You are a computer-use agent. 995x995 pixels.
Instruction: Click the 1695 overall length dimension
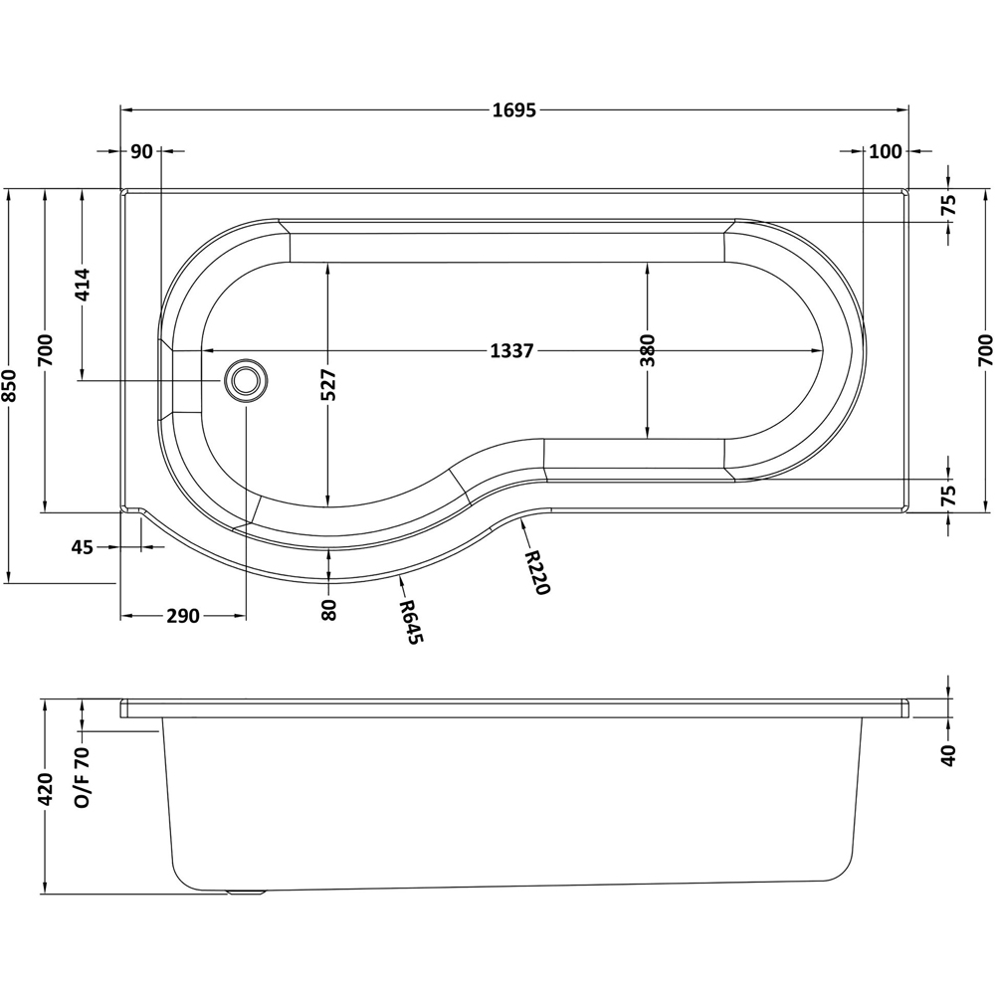coord(513,110)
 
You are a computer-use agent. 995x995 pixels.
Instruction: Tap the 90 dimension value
coord(141,151)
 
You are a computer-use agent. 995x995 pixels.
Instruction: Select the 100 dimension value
coord(885,151)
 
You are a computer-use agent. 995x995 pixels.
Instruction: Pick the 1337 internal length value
coord(512,350)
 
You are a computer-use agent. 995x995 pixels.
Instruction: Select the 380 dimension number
coord(648,350)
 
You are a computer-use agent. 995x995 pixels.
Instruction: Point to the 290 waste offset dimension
coord(182,617)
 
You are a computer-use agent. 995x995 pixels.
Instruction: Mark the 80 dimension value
coord(329,609)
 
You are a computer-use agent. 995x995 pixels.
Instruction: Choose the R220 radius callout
coord(536,572)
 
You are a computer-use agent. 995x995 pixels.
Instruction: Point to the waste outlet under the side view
coord(245,893)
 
